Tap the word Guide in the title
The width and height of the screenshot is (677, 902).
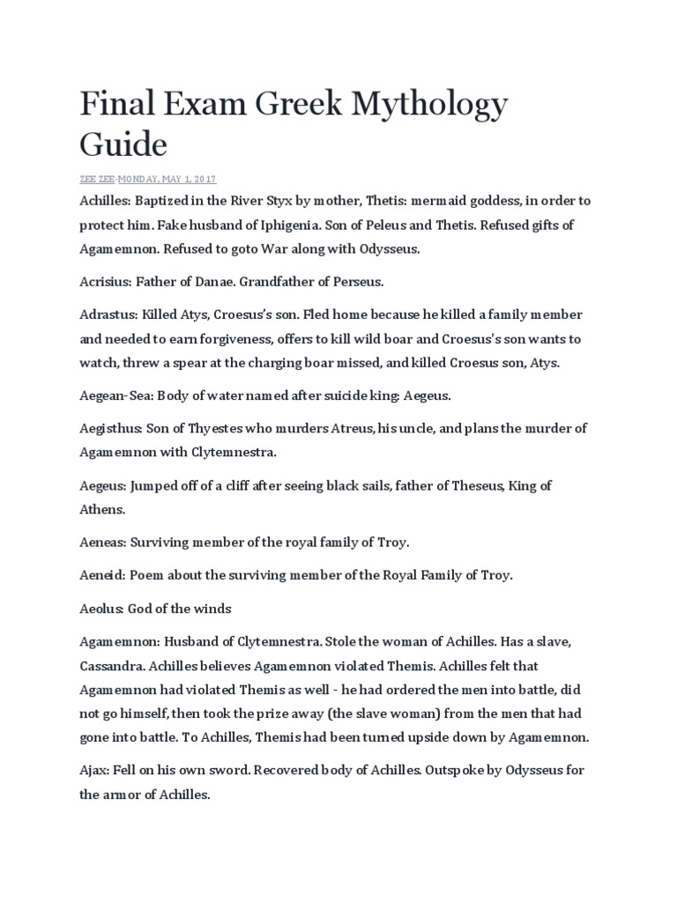pyautogui.click(x=123, y=144)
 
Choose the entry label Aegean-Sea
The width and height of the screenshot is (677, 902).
pyautogui.click(x=115, y=396)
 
